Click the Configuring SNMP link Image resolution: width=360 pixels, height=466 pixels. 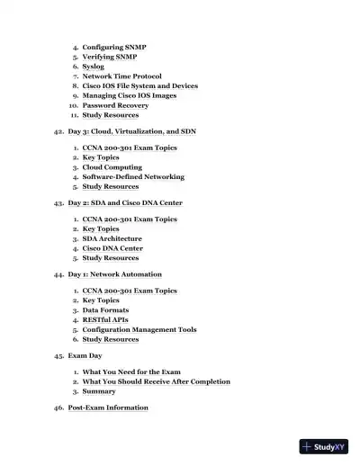(x=114, y=47)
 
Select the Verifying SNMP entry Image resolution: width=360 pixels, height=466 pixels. (x=109, y=57)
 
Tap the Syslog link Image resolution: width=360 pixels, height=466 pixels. (x=93, y=67)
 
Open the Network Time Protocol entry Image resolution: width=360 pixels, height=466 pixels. (x=121, y=76)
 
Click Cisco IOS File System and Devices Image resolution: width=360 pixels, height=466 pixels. (x=139, y=86)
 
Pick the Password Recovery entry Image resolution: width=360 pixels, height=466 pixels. (x=115, y=105)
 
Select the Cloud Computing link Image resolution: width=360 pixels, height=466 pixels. (x=112, y=167)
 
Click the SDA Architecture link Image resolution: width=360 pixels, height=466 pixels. (x=112, y=239)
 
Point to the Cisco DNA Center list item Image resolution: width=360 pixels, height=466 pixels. (x=112, y=248)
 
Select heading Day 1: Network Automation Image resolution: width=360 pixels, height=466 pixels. (x=115, y=274)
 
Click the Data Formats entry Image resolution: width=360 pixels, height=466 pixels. (x=105, y=310)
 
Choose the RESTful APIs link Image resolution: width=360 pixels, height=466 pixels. (x=105, y=319)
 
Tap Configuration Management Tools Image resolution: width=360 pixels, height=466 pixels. (x=139, y=329)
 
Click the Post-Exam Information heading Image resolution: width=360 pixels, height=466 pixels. (x=108, y=408)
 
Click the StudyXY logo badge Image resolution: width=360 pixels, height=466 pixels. (x=324, y=446)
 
